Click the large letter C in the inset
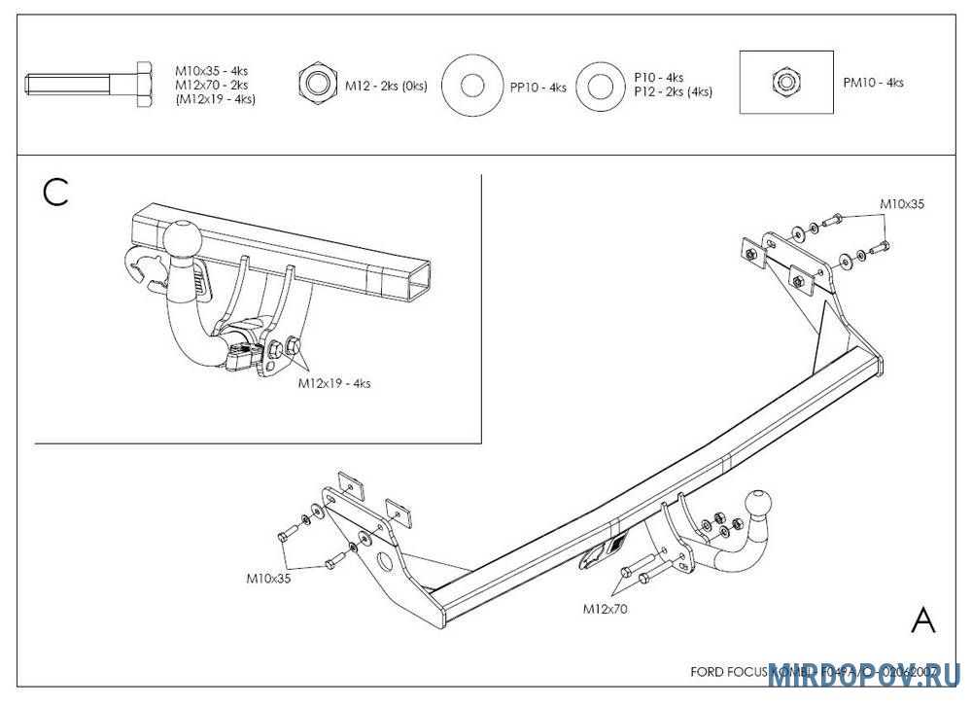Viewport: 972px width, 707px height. pos(56,193)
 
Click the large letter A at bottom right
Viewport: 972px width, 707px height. pos(923,619)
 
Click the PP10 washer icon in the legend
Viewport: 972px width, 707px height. pos(472,86)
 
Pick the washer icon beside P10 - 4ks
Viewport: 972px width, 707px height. pos(601,86)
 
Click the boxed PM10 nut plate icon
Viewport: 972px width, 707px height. pos(785,82)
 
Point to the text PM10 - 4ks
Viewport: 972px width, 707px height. pos(873,83)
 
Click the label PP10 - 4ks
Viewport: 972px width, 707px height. pos(538,88)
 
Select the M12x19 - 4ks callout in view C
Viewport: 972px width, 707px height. pos(333,383)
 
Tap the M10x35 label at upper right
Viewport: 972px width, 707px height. pos(902,204)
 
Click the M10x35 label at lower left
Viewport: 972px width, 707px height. pos(269,578)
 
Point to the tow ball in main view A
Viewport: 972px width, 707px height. pos(759,504)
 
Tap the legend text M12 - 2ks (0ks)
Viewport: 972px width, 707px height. pos(386,86)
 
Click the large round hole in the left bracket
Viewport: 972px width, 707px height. pos(383,561)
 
